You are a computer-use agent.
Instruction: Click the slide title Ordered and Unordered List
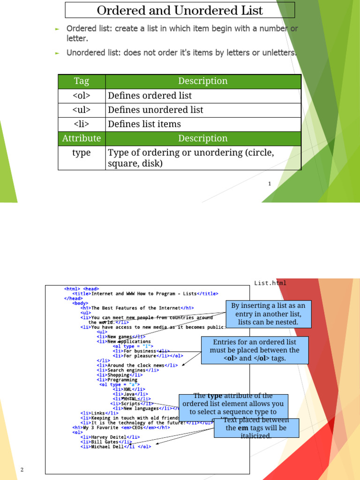180,10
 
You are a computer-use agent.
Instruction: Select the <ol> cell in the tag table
82,96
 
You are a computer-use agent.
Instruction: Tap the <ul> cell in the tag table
82,110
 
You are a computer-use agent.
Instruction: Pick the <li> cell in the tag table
82,124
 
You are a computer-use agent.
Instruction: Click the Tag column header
82,81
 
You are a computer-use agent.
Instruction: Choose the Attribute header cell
82,138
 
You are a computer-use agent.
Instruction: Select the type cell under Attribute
82,153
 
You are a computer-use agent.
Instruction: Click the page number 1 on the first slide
270,184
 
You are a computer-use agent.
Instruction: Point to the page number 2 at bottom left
22,470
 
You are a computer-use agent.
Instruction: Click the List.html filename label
270,283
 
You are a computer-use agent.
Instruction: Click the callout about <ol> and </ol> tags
255,350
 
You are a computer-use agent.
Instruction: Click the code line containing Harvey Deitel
110,437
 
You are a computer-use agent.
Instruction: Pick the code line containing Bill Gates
106,442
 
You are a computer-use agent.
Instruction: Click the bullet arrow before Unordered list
57,53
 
